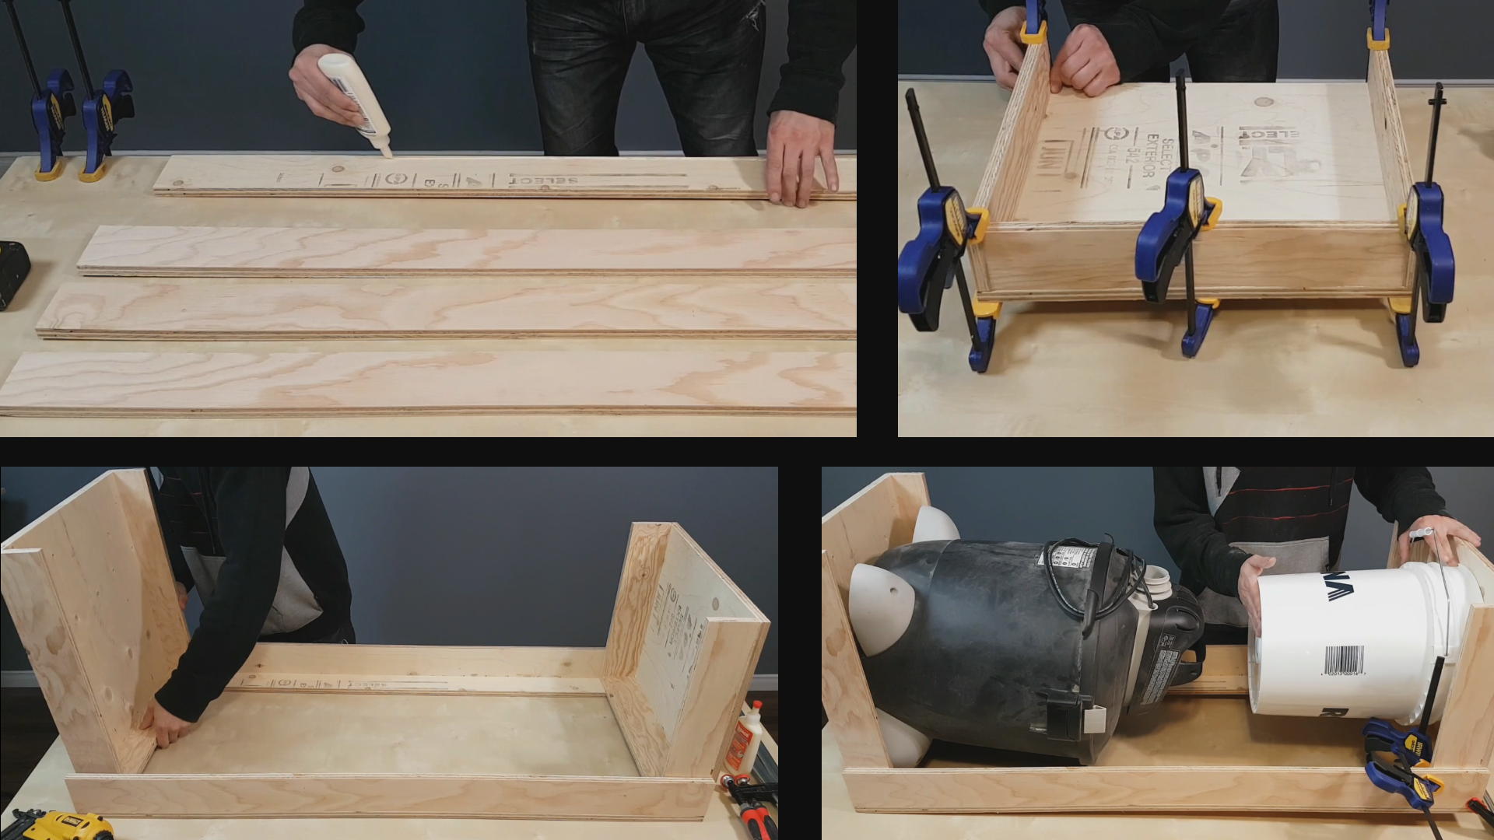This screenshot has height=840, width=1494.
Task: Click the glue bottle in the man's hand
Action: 354,97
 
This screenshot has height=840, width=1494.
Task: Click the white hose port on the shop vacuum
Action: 1155,579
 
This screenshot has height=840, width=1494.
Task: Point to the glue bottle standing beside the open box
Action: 742,739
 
